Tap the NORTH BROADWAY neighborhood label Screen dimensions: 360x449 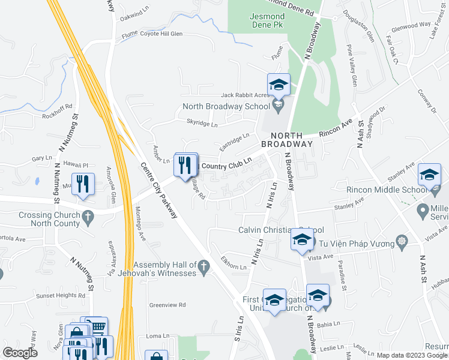point(287,140)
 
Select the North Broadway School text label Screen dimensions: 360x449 point(226,107)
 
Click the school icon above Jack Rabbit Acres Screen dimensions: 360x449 point(279,85)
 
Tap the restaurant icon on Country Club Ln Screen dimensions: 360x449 point(185,164)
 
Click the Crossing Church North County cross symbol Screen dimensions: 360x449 point(88,215)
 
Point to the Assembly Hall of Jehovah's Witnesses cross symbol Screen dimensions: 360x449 point(203,265)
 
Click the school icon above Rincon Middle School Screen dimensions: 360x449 point(429,175)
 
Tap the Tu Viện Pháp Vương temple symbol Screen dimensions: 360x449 point(401,243)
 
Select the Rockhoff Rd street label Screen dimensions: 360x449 point(58,107)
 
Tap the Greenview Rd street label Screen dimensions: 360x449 point(167,305)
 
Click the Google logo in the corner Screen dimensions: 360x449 point(20,353)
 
